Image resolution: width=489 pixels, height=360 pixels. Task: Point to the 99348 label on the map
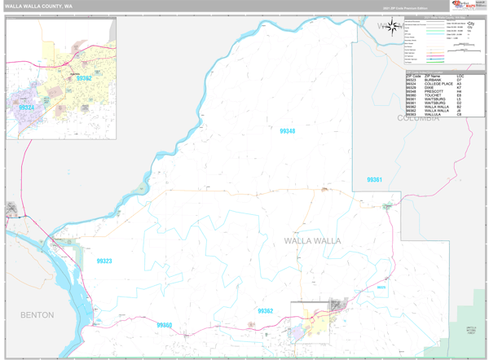click(287, 131)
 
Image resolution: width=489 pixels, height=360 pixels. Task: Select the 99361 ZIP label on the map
click(374, 179)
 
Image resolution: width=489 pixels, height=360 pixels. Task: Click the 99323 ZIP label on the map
click(104, 261)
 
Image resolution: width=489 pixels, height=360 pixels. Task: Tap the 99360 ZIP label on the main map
click(165, 325)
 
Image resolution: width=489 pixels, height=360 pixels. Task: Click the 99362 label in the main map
click(266, 310)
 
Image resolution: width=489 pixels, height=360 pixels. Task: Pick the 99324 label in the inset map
click(27, 108)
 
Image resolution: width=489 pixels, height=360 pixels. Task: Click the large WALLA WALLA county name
click(312, 241)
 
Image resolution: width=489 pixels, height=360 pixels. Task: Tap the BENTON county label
click(37, 314)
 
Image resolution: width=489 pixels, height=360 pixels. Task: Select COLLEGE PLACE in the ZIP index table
click(438, 84)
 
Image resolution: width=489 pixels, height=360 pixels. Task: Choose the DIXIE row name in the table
click(430, 88)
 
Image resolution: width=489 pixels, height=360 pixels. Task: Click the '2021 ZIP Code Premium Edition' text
click(403, 7)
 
